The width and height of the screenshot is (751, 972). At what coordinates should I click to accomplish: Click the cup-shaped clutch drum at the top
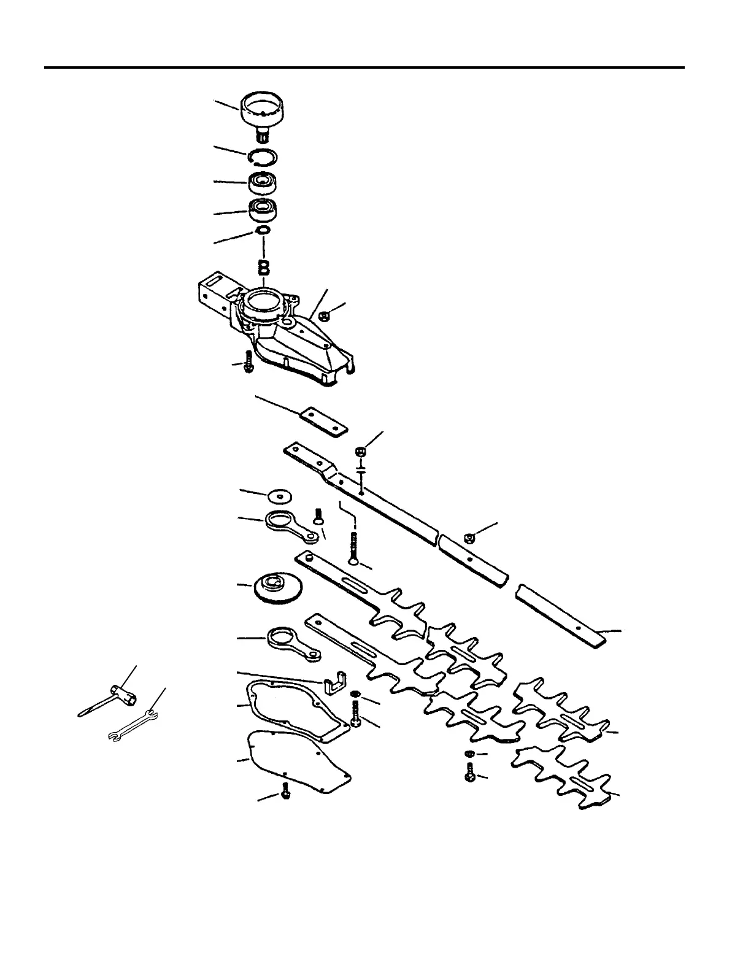point(266,109)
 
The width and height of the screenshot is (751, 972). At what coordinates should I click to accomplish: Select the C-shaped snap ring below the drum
point(265,158)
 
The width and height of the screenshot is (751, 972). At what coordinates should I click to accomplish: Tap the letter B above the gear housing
point(264,268)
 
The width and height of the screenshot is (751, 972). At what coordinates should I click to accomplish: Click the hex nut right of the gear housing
point(326,315)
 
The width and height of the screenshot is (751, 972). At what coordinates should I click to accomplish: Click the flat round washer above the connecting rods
point(279,495)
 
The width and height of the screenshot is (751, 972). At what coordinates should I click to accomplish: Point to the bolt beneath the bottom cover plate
point(285,792)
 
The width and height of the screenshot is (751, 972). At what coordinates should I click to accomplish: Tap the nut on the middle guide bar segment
point(469,538)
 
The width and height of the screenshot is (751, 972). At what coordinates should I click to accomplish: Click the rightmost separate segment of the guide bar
point(561,617)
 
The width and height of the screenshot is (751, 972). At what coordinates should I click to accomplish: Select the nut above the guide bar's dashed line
point(361,452)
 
